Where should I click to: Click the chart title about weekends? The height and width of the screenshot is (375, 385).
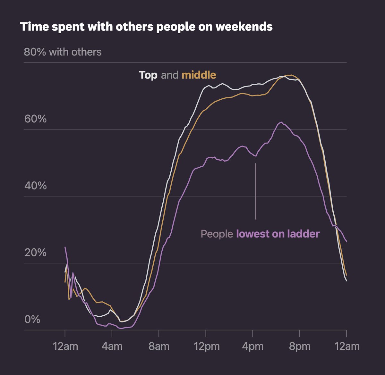pos(146,27)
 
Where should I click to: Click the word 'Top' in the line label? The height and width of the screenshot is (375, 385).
pos(148,75)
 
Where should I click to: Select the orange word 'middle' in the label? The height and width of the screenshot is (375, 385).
pos(199,75)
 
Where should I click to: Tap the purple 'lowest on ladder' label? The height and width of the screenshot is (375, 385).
pos(278,234)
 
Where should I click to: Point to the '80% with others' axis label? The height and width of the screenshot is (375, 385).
pos(63,52)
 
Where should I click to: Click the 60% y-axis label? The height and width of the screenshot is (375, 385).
pos(35,119)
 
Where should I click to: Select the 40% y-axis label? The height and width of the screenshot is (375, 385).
pos(35,186)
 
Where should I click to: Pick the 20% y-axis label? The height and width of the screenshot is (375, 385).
pos(35,253)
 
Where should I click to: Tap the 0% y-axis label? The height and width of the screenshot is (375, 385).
pos(32,319)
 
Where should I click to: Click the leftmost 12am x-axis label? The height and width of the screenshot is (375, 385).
pos(65,346)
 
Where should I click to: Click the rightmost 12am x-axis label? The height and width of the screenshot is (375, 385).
pos(346,346)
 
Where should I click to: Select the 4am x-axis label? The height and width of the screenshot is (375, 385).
pos(112,346)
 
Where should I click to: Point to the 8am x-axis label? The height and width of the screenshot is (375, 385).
pos(159,346)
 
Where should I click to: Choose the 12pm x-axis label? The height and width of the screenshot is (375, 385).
pos(206,346)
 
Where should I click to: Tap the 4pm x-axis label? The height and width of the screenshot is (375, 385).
pos(253,346)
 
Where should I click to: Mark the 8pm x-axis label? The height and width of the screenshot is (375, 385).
pos(300,346)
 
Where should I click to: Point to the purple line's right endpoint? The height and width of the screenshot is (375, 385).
pos(346,241)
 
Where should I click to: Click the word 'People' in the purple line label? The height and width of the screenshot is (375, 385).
pos(217,234)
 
